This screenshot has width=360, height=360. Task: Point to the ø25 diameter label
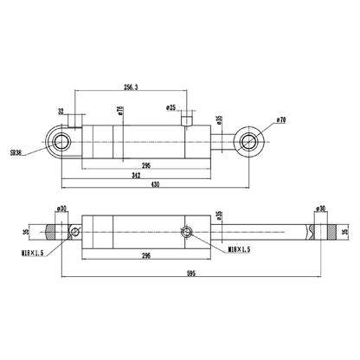pyautogui.click(x=172, y=106)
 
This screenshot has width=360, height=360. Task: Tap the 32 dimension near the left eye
pyautogui.click(x=61, y=111)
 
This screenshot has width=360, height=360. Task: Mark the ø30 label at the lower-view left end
pyautogui.click(x=61, y=209)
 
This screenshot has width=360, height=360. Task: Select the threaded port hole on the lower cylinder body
pyautogui.click(x=186, y=231)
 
